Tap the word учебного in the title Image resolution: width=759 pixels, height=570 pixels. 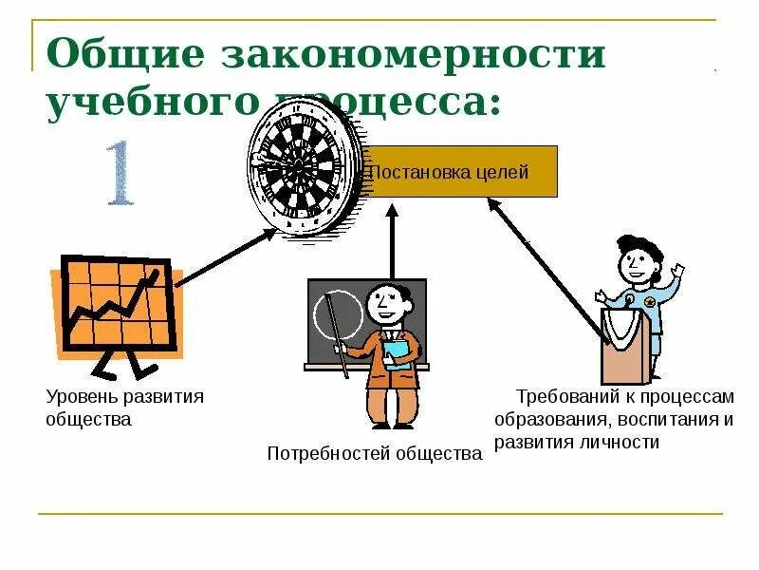[x=149, y=103]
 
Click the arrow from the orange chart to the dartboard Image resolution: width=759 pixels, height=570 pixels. [x=224, y=256]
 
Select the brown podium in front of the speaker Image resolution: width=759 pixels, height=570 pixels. [x=625, y=343]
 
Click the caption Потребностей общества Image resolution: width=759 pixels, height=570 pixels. [x=375, y=454]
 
